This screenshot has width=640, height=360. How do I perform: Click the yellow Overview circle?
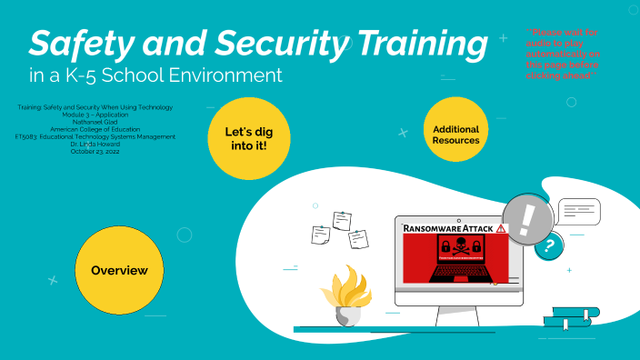click(119, 271)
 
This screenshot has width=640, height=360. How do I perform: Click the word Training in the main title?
click(419, 43)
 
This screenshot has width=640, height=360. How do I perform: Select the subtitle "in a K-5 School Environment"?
click(155, 75)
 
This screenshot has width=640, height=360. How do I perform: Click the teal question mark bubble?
click(547, 245)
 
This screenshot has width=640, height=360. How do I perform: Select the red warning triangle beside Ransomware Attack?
click(502, 229)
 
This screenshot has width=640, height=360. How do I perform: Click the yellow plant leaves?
click(346, 289)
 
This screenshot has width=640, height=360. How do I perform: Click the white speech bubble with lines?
click(578, 211)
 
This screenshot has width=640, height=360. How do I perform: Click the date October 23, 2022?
click(95, 151)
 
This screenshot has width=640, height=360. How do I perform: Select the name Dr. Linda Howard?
click(95, 144)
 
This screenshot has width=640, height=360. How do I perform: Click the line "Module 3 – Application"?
click(95, 115)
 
